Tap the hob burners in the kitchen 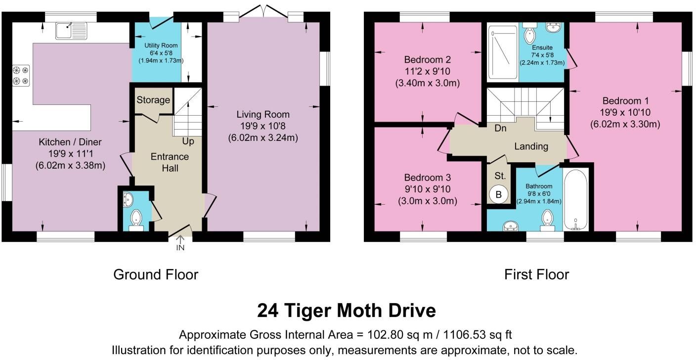tap(21, 76)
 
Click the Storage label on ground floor tap(153, 100)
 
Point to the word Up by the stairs tap(187, 141)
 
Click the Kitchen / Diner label tap(70, 142)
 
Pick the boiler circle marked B tap(499, 195)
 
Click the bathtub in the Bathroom tap(576, 200)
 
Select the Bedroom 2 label tap(427, 60)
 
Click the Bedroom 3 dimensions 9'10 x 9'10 tap(427, 189)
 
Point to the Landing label tap(531, 146)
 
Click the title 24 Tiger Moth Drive tap(347, 311)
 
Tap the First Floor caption tap(536, 274)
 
